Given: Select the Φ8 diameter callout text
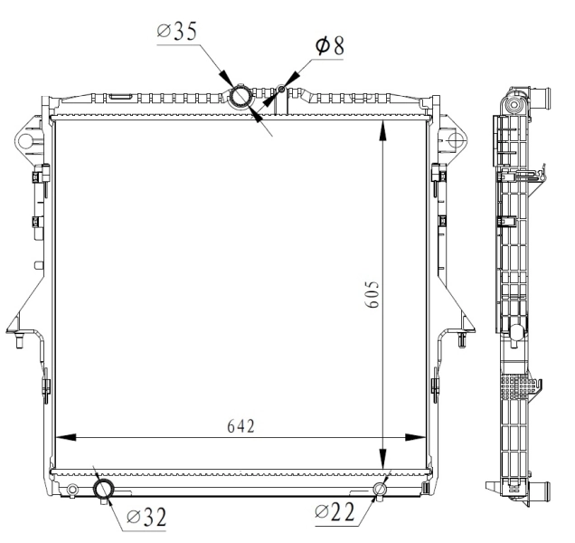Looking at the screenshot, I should pos(327,46).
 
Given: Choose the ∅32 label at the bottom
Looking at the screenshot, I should pos(146,518).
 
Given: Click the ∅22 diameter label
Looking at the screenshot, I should pos(335,512).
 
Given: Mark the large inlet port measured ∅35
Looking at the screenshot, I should pos(242,96).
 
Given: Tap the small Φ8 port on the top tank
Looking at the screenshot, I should pos(282,89).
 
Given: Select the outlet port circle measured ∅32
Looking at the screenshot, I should pos(104,490).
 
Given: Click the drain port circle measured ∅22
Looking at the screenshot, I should pos(381,490).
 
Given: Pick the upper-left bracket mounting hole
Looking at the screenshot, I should pos(24,141).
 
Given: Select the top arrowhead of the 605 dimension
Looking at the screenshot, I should pos(385,126).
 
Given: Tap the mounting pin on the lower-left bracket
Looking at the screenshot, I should pos(19,341).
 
